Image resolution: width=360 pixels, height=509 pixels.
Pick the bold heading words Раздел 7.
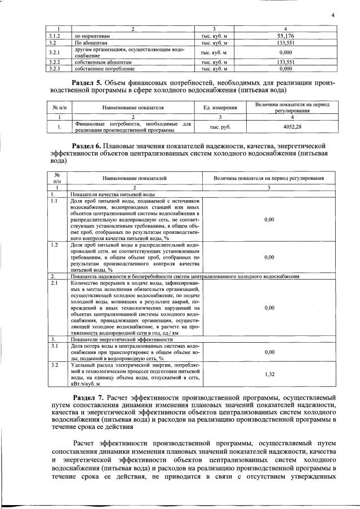91,397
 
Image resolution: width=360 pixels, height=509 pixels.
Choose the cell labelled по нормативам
92,35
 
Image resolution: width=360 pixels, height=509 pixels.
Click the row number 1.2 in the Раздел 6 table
55,246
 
